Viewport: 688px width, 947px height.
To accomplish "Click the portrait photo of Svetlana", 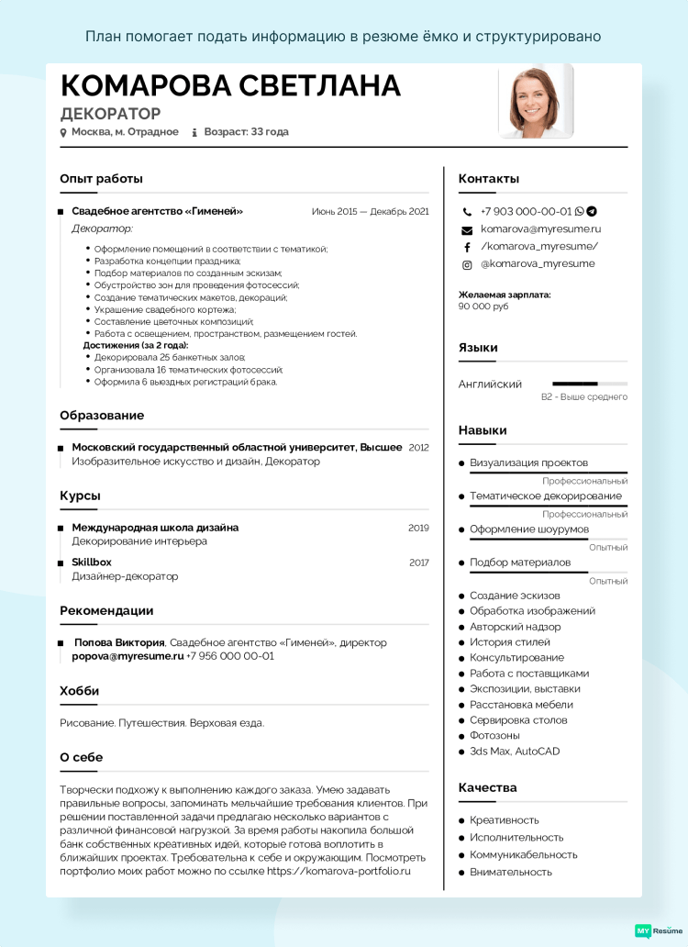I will click(x=536, y=103).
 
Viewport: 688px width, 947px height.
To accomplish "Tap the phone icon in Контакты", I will click(x=467, y=212).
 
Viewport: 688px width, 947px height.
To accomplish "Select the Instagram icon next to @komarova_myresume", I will click(x=467, y=264).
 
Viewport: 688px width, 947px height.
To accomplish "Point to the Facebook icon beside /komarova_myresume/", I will click(x=467, y=247).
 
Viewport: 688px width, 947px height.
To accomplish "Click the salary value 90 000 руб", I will click(x=483, y=306).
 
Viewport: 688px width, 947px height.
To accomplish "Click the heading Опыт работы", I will click(x=101, y=179).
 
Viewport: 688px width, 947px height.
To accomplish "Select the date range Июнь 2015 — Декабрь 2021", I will click(x=370, y=212).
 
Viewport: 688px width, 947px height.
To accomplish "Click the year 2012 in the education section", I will click(x=418, y=448).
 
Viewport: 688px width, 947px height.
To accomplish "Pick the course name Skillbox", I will click(x=92, y=562).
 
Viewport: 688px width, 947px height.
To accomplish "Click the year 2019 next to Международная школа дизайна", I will click(x=418, y=528).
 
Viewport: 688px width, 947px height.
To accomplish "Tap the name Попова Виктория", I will click(x=119, y=642).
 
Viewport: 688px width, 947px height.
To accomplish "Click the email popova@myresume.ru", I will click(x=128, y=656).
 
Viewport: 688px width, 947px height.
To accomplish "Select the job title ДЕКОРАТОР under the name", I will click(x=110, y=114).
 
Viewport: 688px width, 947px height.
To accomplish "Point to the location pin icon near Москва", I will click(x=63, y=132).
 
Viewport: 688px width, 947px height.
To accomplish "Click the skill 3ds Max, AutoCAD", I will click(x=515, y=752).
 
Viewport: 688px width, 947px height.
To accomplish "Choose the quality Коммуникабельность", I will click(x=523, y=854).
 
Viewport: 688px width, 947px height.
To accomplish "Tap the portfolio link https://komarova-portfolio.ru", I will click(x=338, y=871).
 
